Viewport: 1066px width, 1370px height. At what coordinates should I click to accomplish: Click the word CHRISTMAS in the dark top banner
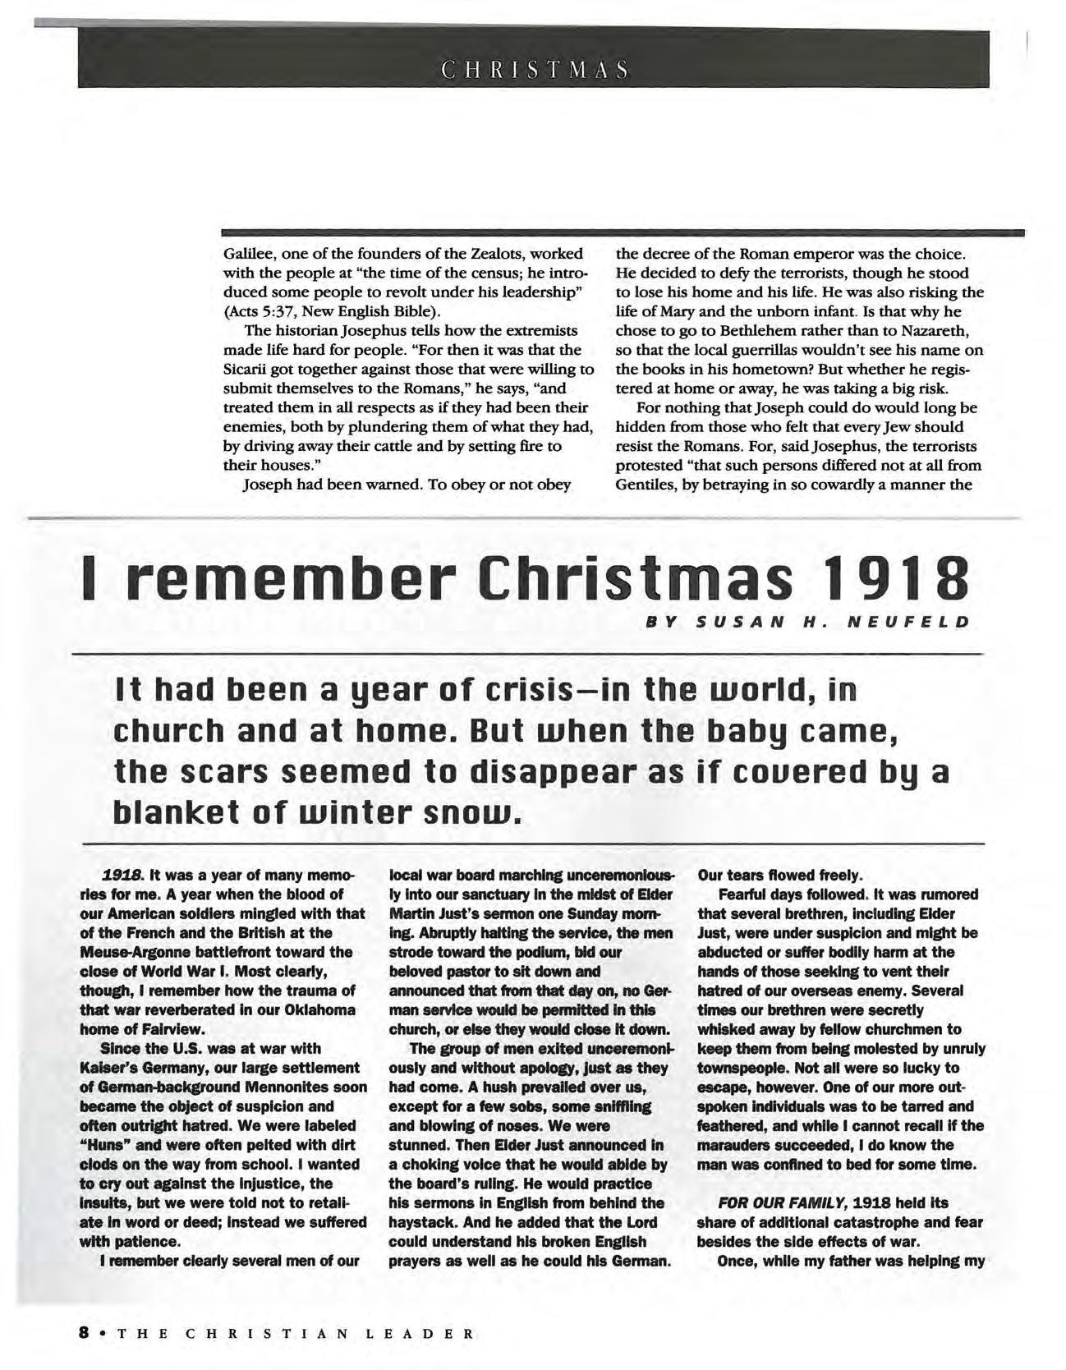click(533, 68)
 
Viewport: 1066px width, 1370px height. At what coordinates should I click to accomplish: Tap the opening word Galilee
click(247, 254)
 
